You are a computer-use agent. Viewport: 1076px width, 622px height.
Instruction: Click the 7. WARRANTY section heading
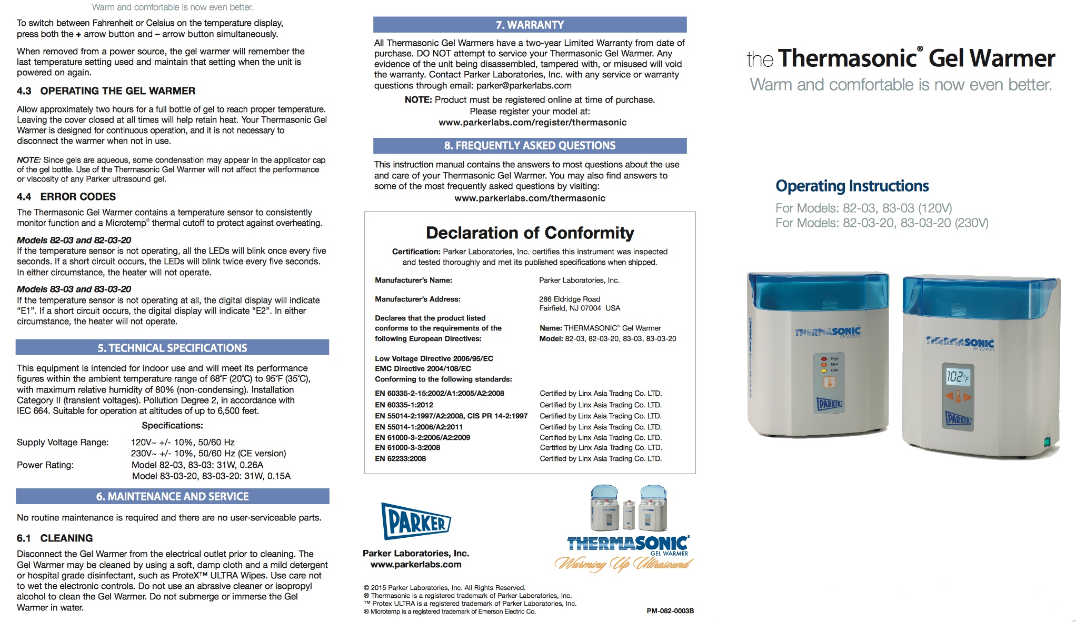[x=530, y=25]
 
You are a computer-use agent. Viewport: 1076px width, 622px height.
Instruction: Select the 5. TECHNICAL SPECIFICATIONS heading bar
[x=172, y=348]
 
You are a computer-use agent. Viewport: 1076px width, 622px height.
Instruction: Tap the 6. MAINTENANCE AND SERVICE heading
[x=172, y=496]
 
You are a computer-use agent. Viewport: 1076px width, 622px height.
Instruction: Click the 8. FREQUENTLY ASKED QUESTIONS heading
[x=530, y=146]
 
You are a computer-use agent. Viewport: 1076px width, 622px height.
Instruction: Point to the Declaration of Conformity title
[x=530, y=233]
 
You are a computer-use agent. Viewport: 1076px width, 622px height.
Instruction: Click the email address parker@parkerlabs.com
[x=524, y=86]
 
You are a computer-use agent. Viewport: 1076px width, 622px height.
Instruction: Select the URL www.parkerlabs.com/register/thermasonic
[x=532, y=123]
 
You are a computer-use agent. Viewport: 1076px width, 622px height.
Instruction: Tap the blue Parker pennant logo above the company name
[x=416, y=521]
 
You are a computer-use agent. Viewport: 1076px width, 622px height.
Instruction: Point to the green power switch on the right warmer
[x=1047, y=442]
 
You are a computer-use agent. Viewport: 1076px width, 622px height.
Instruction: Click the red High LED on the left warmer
[x=824, y=359]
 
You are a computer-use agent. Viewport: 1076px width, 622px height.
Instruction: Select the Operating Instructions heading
[x=852, y=186]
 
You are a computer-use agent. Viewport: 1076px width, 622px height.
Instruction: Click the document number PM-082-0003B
[x=670, y=611]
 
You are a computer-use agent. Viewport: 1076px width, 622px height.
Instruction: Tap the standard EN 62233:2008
[x=400, y=459]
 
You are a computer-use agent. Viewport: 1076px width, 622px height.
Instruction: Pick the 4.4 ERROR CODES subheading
[x=66, y=197]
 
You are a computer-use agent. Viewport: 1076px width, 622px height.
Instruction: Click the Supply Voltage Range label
[x=63, y=443]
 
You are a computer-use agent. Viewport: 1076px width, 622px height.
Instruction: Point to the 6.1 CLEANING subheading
[x=55, y=538]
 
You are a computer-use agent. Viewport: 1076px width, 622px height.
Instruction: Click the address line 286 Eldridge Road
[x=569, y=299]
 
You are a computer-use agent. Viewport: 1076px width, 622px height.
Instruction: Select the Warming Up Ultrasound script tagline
[x=623, y=565]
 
